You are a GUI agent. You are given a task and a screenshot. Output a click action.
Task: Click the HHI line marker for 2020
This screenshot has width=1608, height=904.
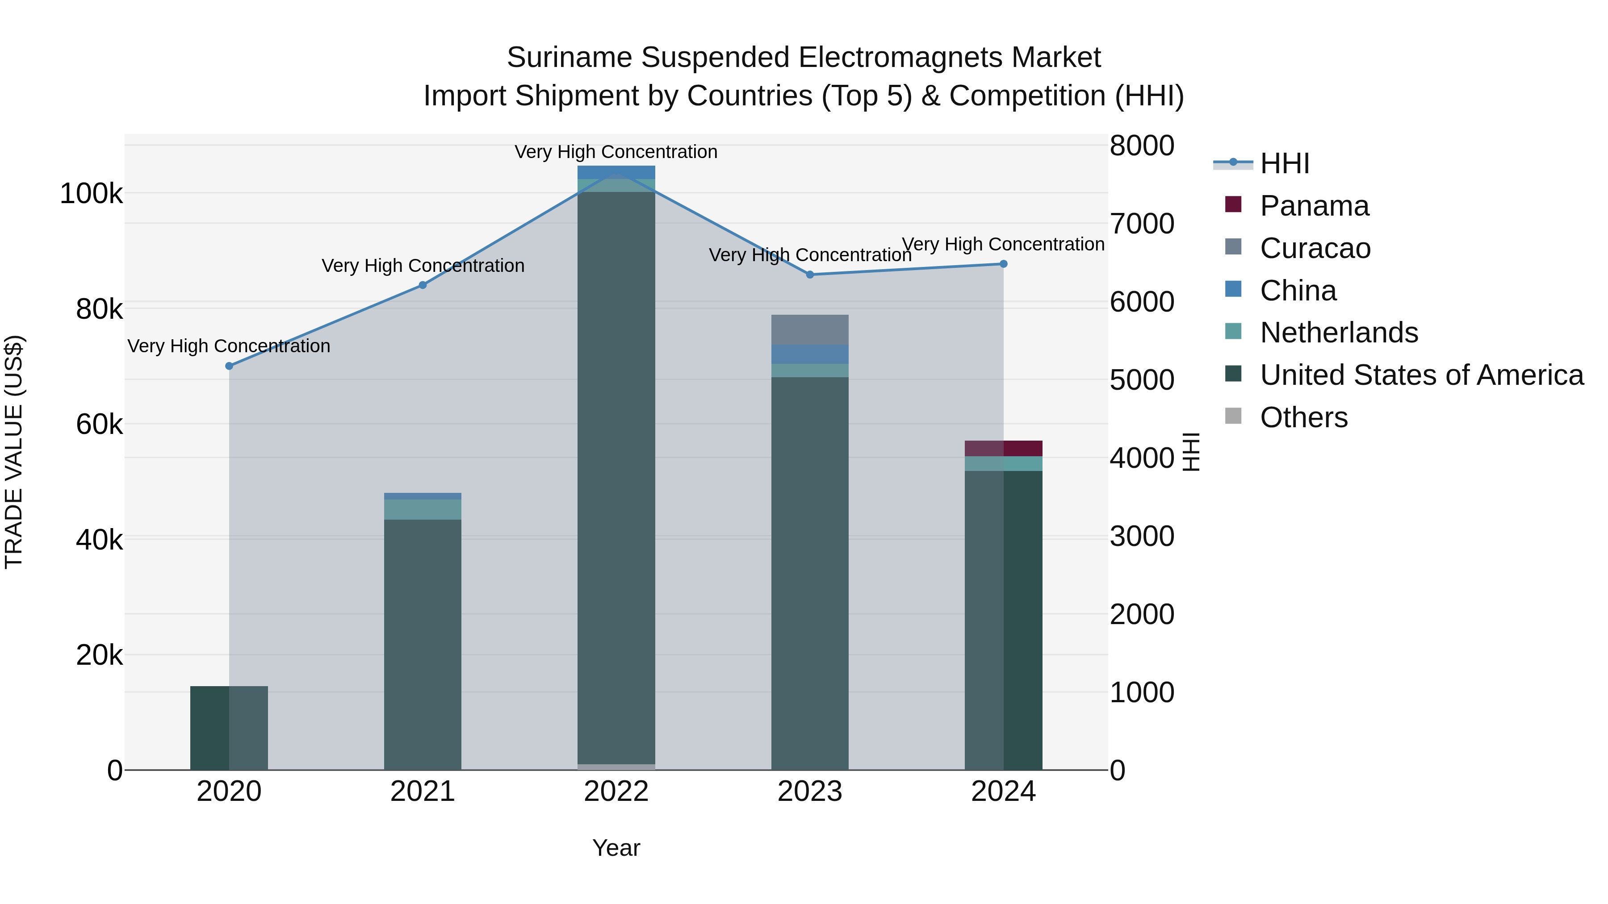coord(229,366)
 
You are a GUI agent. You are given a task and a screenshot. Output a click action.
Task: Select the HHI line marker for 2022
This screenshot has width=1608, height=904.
coord(616,174)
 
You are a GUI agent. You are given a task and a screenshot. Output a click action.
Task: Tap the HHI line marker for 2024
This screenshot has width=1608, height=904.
coord(1003,264)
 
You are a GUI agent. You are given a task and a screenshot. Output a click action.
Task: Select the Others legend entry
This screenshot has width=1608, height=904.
coord(1303,417)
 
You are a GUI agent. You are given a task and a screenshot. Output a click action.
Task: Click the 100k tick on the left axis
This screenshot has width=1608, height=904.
coord(91,194)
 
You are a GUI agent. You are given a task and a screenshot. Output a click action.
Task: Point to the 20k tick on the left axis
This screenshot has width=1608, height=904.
coord(99,655)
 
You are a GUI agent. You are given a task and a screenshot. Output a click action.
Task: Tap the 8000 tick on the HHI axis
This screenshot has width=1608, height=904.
coord(1142,146)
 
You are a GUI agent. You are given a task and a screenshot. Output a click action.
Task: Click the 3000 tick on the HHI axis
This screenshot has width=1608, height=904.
coord(1142,537)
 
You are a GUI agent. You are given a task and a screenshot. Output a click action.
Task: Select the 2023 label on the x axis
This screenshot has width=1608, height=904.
coord(810,792)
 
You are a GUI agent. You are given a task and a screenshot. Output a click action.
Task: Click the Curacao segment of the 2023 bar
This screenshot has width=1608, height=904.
coord(810,329)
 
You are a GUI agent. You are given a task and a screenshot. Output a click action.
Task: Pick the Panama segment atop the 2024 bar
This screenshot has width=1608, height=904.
coord(1003,449)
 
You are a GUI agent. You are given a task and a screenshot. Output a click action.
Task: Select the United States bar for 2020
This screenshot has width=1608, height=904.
coord(229,728)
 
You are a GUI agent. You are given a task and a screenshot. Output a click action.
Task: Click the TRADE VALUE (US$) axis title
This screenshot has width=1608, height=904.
coord(14,452)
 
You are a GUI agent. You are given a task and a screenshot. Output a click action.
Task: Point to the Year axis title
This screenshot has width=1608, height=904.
coord(616,848)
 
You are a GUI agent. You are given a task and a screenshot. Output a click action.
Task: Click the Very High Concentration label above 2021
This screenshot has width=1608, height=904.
coord(423,266)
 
